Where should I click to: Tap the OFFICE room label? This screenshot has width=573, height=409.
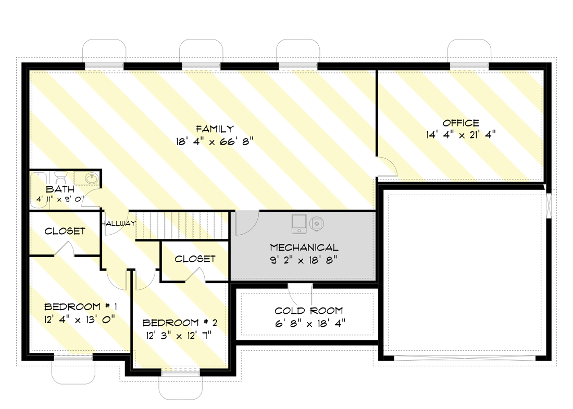click(460, 123)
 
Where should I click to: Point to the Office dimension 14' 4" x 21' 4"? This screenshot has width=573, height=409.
click(460, 134)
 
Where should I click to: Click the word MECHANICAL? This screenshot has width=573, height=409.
click(304, 248)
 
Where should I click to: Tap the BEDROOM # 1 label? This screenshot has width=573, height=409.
click(80, 306)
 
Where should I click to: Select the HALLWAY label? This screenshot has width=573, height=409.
click(119, 224)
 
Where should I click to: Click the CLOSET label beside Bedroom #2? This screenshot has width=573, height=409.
click(195, 259)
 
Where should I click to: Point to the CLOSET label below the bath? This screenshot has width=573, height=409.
click(65, 231)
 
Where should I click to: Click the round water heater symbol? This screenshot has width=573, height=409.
click(316, 223)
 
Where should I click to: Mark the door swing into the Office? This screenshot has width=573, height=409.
click(386, 166)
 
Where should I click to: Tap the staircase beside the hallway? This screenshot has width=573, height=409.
click(182, 225)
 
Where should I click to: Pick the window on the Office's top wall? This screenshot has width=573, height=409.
click(469, 65)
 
